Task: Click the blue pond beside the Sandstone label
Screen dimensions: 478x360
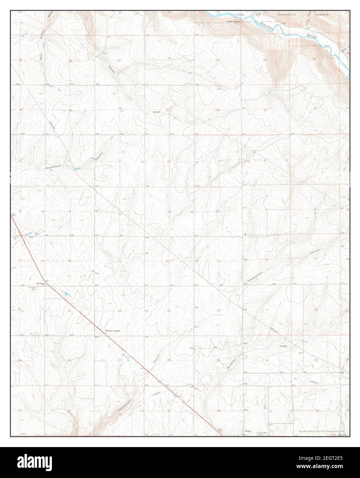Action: point(77,169)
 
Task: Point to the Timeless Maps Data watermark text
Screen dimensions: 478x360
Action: point(320,431)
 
